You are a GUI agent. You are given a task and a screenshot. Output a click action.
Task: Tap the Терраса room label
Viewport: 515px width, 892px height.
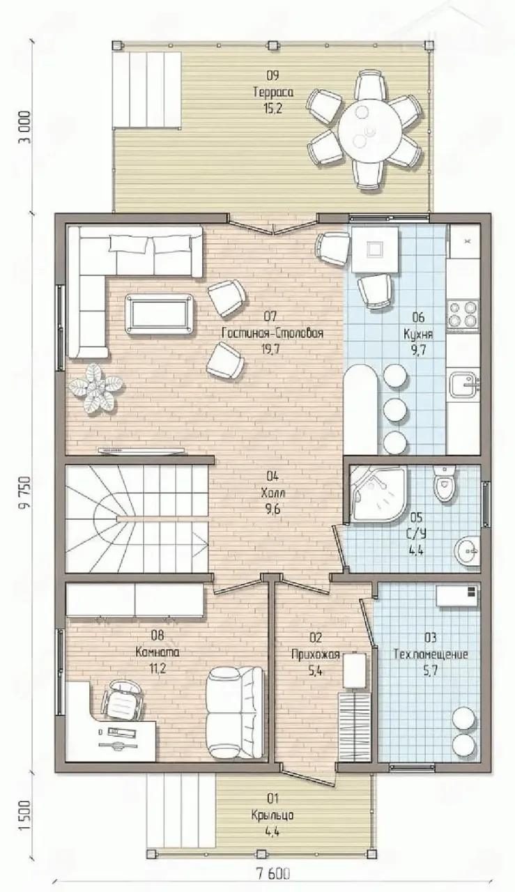point(273,93)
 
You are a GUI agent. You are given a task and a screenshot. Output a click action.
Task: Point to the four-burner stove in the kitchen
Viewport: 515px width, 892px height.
point(463,314)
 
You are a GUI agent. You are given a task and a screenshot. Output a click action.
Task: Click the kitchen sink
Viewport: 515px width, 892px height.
point(463,385)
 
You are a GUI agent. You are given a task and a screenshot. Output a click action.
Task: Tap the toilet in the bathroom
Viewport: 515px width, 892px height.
point(443,484)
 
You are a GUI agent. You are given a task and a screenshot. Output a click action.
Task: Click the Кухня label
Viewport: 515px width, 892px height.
point(418,333)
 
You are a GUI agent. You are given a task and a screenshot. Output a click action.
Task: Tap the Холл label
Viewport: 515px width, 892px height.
point(273,493)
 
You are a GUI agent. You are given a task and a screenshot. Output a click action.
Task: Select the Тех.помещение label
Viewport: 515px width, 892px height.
point(431,654)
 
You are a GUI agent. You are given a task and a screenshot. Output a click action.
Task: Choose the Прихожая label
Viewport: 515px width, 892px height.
point(316,654)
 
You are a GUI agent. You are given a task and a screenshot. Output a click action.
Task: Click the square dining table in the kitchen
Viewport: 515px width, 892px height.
point(375,249)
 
